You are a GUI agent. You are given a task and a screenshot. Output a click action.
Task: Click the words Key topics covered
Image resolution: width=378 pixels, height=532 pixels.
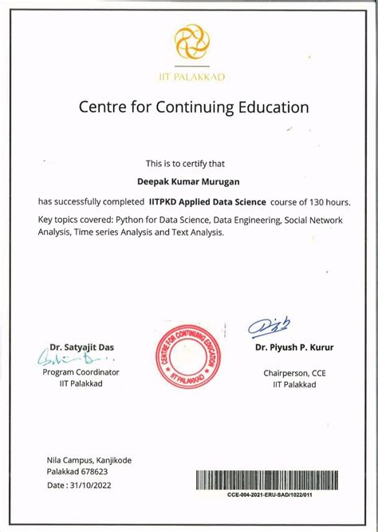[x=74, y=219]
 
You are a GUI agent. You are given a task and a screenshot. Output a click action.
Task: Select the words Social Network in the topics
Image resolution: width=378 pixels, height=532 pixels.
[x=313, y=219]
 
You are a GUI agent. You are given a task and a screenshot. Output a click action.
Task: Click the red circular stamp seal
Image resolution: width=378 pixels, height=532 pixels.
[x=189, y=359]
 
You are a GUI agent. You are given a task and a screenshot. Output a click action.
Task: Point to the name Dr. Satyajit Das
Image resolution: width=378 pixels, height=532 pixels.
[x=82, y=347]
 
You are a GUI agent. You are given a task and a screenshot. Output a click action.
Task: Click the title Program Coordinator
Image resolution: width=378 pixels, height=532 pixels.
[x=81, y=372]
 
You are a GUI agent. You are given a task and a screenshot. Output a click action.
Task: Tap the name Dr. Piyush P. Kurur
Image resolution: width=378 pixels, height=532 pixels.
[x=294, y=347]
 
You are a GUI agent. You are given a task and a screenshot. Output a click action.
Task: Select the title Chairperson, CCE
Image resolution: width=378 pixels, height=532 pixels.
[x=294, y=372]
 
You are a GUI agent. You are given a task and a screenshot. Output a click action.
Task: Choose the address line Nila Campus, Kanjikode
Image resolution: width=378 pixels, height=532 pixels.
[x=89, y=460]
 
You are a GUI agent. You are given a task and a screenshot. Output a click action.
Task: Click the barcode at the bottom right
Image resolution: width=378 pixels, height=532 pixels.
[x=270, y=479]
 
